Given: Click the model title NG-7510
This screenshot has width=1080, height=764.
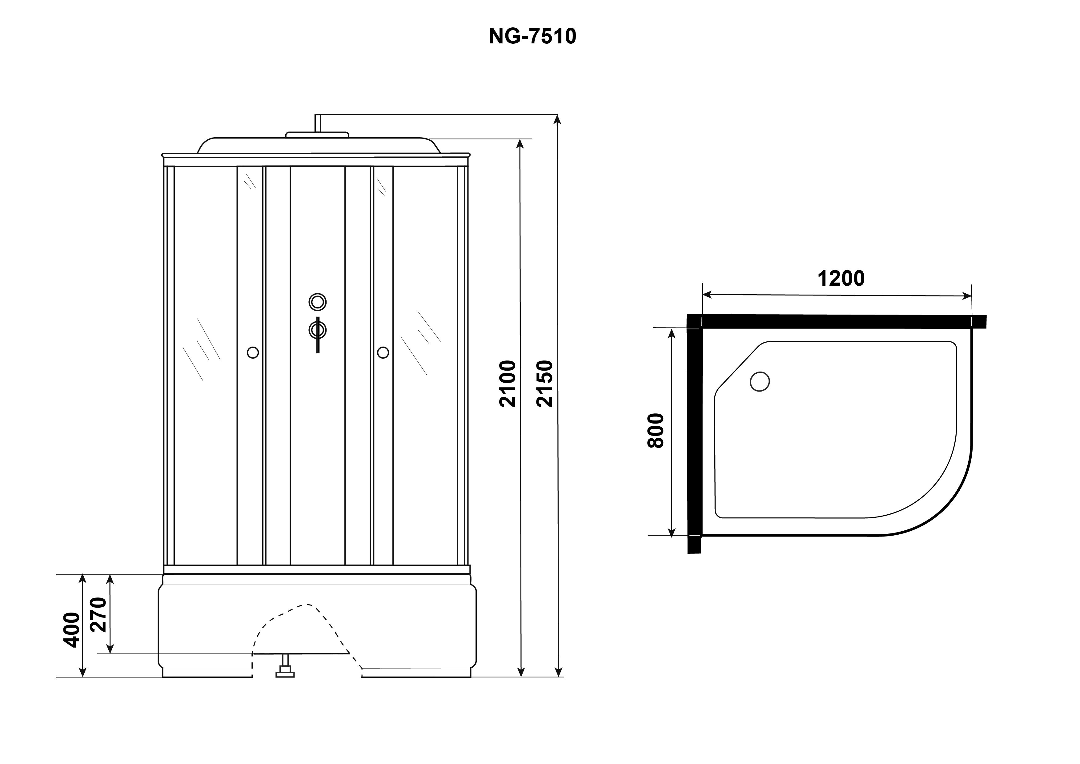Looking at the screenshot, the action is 532,36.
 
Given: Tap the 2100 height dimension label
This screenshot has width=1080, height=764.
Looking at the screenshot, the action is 508,384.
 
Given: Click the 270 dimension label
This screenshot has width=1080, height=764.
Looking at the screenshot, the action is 99,614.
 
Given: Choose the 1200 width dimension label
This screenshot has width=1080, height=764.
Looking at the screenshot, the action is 841,279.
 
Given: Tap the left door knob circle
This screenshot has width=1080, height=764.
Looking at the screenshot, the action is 253,352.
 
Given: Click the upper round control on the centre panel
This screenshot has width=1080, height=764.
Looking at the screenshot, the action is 318,302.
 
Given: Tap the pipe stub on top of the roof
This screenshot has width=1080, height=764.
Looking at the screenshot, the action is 318,123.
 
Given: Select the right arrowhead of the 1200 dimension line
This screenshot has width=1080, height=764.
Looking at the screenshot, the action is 967,296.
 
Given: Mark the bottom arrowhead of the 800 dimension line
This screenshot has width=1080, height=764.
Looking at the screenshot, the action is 672,532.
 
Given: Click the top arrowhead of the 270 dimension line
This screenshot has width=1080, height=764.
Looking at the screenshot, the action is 110,579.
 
